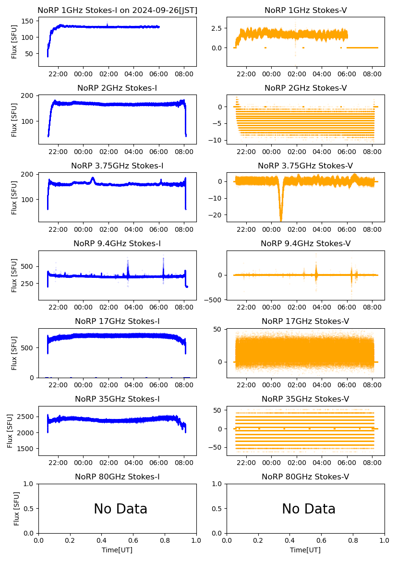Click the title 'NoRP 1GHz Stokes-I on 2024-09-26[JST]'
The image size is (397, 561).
point(117,10)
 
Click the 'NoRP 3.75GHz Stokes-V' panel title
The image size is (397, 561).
point(305,166)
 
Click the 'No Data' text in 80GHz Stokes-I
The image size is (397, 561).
point(120,509)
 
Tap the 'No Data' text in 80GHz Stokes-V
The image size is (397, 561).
point(309,509)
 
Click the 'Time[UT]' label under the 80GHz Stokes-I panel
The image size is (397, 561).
point(117,550)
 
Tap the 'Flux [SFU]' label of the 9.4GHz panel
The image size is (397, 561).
point(14,275)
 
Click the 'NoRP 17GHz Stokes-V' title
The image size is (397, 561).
point(305,321)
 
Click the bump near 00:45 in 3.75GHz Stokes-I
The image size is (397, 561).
point(93,180)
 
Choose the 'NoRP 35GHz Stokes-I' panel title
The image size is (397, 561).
point(117,399)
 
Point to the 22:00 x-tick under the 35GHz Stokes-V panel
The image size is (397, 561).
point(246,463)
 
